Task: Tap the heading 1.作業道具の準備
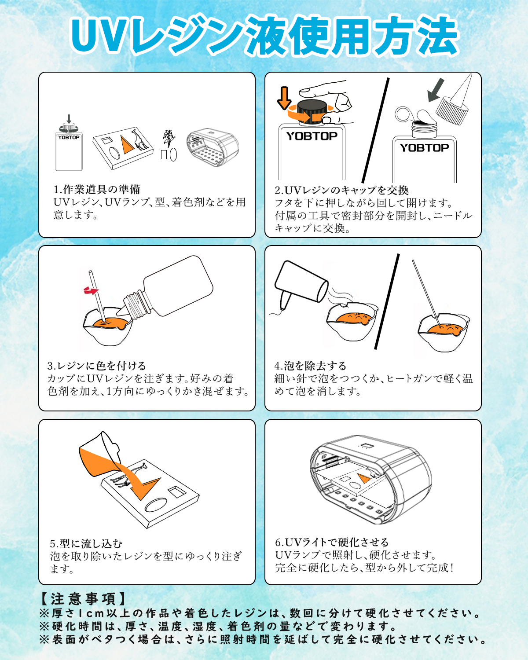[x=97, y=190]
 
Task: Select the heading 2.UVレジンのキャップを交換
[x=341, y=190]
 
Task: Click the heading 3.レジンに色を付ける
[x=96, y=366]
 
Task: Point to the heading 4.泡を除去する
[x=310, y=366]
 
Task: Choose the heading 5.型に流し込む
[x=86, y=543]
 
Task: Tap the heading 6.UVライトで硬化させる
[x=332, y=542]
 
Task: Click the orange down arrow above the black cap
[x=284, y=98]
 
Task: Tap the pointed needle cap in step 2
[x=455, y=101]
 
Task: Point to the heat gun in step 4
[x=299, y=282]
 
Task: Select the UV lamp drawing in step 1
[x=213, y=147]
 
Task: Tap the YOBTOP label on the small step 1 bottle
[x=69, y=137]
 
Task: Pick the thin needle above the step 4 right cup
[x=425, y=288]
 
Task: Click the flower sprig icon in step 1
[x=168, y=139]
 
